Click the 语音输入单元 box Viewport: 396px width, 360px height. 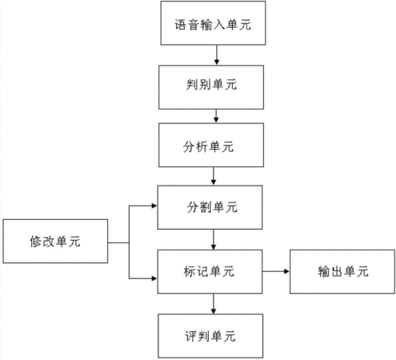[x=213, y=23]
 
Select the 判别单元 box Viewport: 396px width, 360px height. [x=211, y=87]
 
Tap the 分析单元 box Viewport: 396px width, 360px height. [x=211, y=145]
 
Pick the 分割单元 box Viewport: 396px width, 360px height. [x=210, y=207]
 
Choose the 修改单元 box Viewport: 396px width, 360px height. [x=55, y=241]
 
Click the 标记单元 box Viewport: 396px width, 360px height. [x=210, y=271]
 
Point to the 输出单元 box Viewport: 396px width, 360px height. [x=342, y=271]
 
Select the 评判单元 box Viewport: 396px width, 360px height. [x=210, y=336]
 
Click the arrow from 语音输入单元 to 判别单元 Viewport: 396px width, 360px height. [x=217, y=55]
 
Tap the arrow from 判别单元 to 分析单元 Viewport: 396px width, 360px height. [x=216, y=116]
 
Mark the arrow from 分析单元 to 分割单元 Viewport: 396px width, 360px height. [x=214, y=176]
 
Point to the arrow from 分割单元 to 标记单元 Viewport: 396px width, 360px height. [x=214, y=239]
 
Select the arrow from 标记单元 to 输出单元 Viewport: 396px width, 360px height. [x=276, y=271]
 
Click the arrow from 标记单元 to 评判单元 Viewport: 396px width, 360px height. [x=214, y=304]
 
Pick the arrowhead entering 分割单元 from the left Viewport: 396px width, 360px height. [x=154, y=206]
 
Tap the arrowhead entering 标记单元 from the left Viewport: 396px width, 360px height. [x=154, y=278]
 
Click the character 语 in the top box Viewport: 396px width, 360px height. [x=181, y=25]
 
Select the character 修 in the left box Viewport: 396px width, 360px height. [x=36, y=242]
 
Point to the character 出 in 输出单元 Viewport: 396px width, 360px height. [x=337, y=272]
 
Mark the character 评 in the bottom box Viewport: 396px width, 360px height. [x=191, y=336]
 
